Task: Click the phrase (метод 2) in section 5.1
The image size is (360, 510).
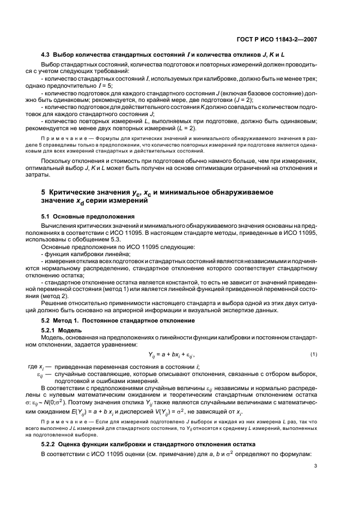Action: coord(67,290)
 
